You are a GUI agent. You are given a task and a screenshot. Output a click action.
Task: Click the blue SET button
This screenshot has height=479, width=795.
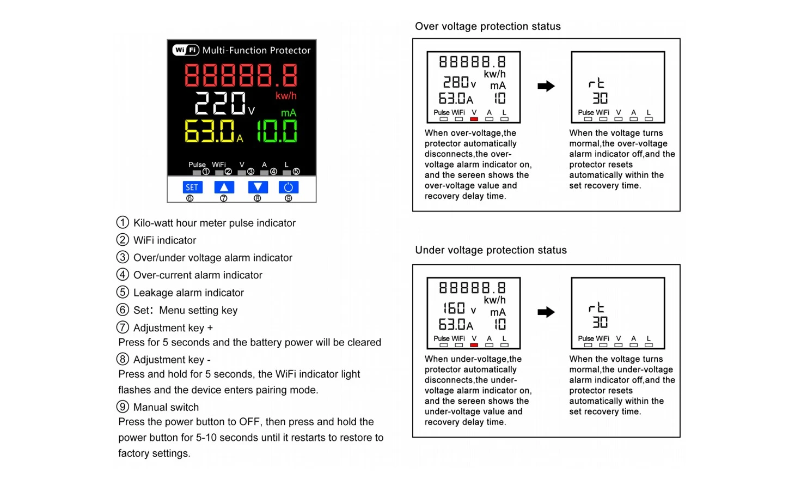(x=193, y=187)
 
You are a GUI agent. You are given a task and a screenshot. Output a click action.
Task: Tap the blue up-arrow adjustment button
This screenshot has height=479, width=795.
(x=224, y=187)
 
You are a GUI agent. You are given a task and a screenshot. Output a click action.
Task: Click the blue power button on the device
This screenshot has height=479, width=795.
(x=289, y=187)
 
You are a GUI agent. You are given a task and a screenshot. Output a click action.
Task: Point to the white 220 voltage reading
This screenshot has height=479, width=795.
(x=220, y=103)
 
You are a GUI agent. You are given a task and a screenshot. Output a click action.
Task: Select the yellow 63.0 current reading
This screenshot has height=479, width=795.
(x=210, y=131)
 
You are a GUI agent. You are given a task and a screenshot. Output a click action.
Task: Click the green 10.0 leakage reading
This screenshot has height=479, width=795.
(x=277, y=131)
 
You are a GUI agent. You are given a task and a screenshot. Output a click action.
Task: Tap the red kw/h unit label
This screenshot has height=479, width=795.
(x=286, y=95)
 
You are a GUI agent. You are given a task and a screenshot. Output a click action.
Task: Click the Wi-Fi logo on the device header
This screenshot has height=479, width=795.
(x=186, y=50)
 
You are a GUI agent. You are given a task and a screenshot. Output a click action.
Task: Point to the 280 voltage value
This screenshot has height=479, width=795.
(x=456, y=82)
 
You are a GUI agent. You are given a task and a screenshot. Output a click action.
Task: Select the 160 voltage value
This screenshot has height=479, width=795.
(x=454, y=308)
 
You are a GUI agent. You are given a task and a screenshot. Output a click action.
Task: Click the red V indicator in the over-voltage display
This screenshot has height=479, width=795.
(x=474, y=119)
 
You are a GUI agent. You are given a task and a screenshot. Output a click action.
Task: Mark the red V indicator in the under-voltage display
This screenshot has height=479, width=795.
(x=474, y=345)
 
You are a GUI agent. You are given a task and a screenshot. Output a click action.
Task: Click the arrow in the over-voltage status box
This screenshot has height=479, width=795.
(x=546, y=86)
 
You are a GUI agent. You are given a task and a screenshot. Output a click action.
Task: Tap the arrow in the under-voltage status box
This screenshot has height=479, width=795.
(x=546, y=312)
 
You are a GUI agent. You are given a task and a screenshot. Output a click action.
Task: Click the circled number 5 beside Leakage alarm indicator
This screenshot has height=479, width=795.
(x=123, y=292)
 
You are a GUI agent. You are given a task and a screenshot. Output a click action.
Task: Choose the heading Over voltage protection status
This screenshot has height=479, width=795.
(x=488, y=26)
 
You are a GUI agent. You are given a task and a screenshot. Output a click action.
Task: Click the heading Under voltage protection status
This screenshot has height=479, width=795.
(x=491, y=250)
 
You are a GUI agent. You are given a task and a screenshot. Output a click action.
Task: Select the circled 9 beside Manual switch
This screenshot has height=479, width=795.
(x=123, y=407)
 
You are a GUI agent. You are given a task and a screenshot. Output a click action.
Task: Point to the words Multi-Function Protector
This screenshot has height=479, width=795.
(x=256, y=51)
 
